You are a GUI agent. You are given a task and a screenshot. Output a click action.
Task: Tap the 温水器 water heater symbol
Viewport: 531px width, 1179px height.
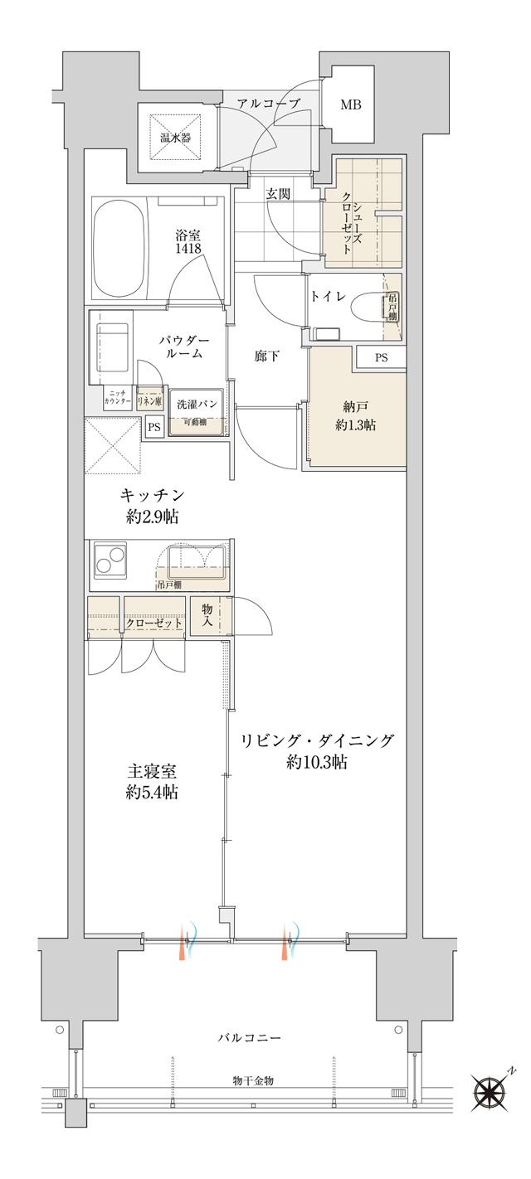176,136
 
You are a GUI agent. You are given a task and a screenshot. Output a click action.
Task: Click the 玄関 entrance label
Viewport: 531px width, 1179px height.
277,194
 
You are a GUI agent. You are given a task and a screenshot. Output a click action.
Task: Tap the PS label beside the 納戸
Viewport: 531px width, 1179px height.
381,358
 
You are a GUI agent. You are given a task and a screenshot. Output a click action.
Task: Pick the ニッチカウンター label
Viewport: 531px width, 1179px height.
116,397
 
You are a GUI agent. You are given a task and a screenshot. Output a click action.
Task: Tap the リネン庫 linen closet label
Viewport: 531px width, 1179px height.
149,397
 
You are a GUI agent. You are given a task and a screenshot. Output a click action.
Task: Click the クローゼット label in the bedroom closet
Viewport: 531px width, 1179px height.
154,623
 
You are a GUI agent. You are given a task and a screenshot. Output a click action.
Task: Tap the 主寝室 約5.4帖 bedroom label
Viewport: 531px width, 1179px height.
152,781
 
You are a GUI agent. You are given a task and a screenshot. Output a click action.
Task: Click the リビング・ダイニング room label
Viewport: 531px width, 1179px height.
317,750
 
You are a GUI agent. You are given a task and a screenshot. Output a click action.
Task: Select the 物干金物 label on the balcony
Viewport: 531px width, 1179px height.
253,1081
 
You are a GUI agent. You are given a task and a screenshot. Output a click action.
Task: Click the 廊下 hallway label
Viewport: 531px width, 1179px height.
266,357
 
